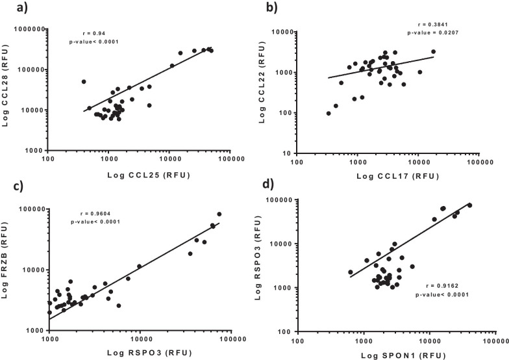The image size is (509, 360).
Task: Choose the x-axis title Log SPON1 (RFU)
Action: (x=394, y=355)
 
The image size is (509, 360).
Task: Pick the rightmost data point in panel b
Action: (x=433, y=52)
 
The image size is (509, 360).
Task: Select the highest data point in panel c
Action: (x=219, y=214)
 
